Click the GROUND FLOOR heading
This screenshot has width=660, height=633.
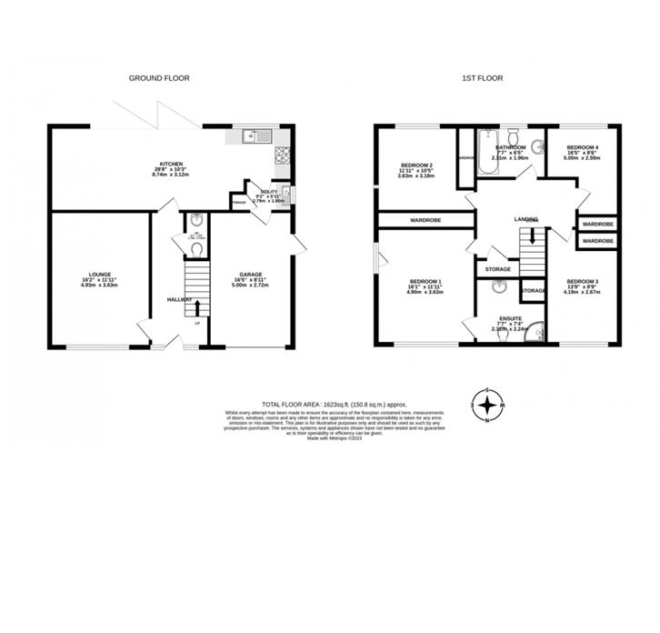tap(158, 79)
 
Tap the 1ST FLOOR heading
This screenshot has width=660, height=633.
tap(482, 79)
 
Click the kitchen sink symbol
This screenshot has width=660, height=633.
tap(251, 138)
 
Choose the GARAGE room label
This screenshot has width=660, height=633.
tap(251, 279)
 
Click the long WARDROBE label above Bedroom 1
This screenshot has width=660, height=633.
tap(425, 220)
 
